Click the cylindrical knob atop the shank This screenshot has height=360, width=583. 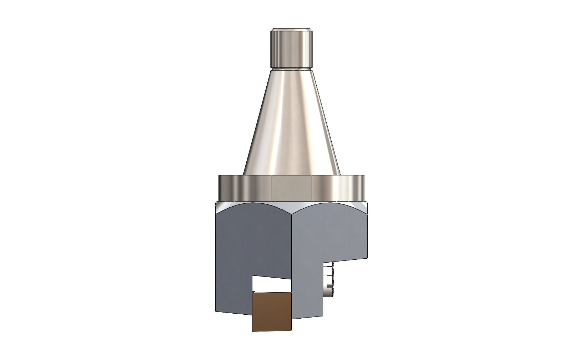click(x=291, y=49)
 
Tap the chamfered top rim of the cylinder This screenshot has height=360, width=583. click(x=291, y=30)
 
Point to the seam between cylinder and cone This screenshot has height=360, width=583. click(x=291, y=68)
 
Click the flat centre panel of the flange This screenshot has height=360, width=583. click(x=291, y=188)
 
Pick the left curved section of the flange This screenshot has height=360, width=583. click(x=245, y=188)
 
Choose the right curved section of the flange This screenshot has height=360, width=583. click(x=337, y=188)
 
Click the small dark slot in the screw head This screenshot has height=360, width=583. click(x=329, y=287)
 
